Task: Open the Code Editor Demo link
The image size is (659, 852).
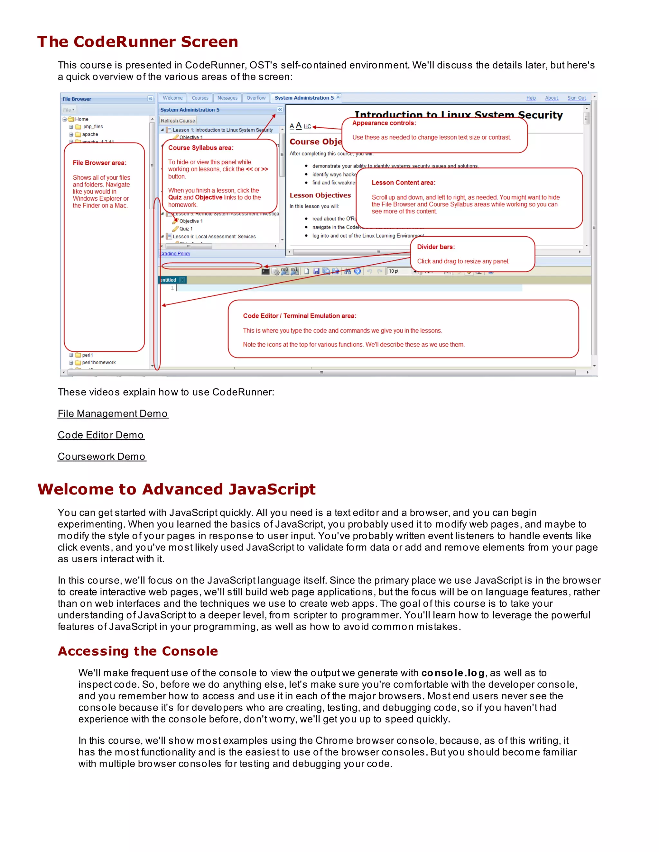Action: tap(101, 435)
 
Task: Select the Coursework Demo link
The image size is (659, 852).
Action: tap(101, 457)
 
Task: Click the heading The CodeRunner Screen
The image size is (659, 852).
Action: tap(137, 42)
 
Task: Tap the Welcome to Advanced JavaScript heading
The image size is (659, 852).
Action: tap(176, 489)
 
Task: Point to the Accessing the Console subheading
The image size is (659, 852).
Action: tap(138, 651)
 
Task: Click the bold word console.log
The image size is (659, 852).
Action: tap(453, 673)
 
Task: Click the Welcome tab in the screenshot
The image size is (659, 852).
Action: tap(172, 98)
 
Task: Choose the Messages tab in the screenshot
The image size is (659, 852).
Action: tap(227, 98)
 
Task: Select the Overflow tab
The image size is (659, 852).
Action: tap(256, 98)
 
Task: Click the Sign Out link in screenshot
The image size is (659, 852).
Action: tap(576, 98)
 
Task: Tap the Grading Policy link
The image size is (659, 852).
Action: tap(175, 254)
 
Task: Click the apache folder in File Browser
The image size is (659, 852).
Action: tap(90, 134)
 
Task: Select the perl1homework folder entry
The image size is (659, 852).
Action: tap(99, 362)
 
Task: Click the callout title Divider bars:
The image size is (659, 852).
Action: tap(436, 247)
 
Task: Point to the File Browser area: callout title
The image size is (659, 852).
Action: tap(99, 163)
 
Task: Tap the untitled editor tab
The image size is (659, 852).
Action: tap(168, 280)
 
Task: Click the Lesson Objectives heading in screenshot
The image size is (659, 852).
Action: tap(320, 195)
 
